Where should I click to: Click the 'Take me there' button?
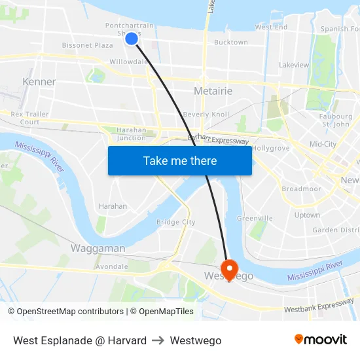pos(180,160)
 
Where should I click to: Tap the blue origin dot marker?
pos(132,39)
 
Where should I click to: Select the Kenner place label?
pos(39,82)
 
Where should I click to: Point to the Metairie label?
pos(213,91)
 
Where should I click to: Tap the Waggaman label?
pos(98,249)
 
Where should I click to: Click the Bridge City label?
pos(175,223)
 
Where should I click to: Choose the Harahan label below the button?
pos(113,206)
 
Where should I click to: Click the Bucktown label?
pos(231,43)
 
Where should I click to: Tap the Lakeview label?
pos(294,65)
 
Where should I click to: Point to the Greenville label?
pos(255,218)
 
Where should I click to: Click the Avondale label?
pos(111,267)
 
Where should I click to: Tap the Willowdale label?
pos(128,62)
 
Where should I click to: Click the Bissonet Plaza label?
pos(88,46)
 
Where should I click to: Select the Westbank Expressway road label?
pos(319,307)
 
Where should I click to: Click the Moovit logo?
pos(321,340)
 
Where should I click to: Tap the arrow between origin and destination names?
pos(158,340)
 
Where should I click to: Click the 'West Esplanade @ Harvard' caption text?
pos(80,340)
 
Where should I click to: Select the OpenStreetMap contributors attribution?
pos(65,312)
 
